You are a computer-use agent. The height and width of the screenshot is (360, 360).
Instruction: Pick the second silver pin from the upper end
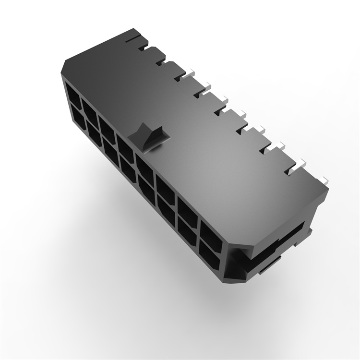point(205,86)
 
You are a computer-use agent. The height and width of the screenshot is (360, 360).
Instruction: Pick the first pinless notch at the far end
point(144,48)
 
